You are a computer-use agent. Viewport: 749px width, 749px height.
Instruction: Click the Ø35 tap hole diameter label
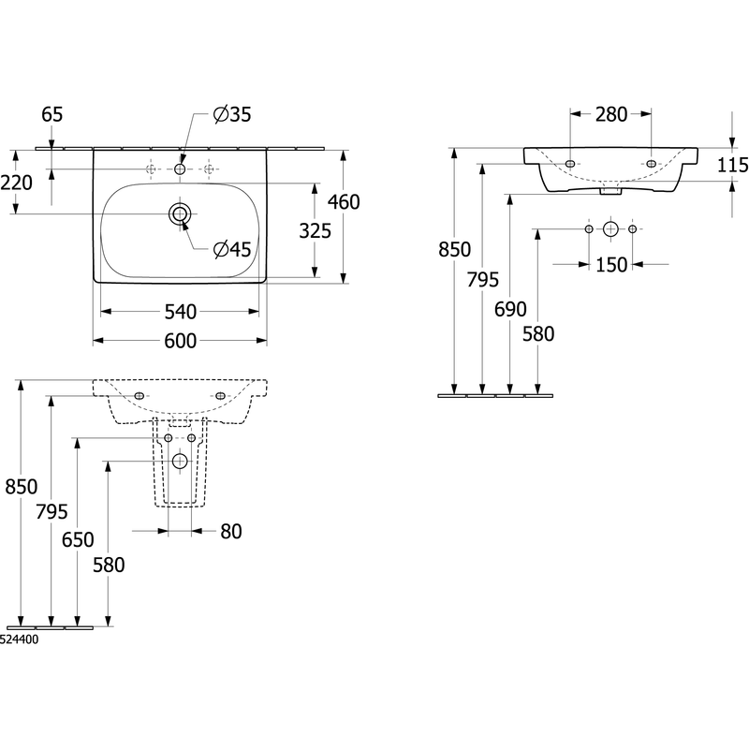click(232, 114)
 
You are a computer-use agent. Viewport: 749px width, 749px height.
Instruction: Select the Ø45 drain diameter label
click(232, 249)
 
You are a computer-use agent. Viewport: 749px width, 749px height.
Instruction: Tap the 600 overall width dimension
click(180, 341)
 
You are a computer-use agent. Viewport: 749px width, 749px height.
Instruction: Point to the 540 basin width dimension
click(180, 312)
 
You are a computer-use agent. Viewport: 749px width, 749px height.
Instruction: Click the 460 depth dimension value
click(344, 202)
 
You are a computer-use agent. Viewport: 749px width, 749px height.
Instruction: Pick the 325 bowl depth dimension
click(315, 231)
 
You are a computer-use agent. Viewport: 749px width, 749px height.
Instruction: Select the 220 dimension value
click(16, 183)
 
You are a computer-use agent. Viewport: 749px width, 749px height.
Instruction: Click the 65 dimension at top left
click(52, 114)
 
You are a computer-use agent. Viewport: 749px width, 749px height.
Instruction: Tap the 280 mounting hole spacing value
click(611, 114)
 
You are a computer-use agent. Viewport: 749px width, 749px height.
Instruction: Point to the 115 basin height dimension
click(733, 166)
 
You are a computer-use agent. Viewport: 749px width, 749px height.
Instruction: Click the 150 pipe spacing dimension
click(611, 265)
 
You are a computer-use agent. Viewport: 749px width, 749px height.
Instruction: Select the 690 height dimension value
click(510, 310)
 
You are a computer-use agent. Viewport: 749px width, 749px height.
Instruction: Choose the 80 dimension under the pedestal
click(231, 531)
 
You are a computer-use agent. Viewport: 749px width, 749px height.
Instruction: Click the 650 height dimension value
click(78, 540)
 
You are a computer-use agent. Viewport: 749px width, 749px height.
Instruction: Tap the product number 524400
click(19, 639)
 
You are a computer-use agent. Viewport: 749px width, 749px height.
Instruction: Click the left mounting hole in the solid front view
click(569, 164)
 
